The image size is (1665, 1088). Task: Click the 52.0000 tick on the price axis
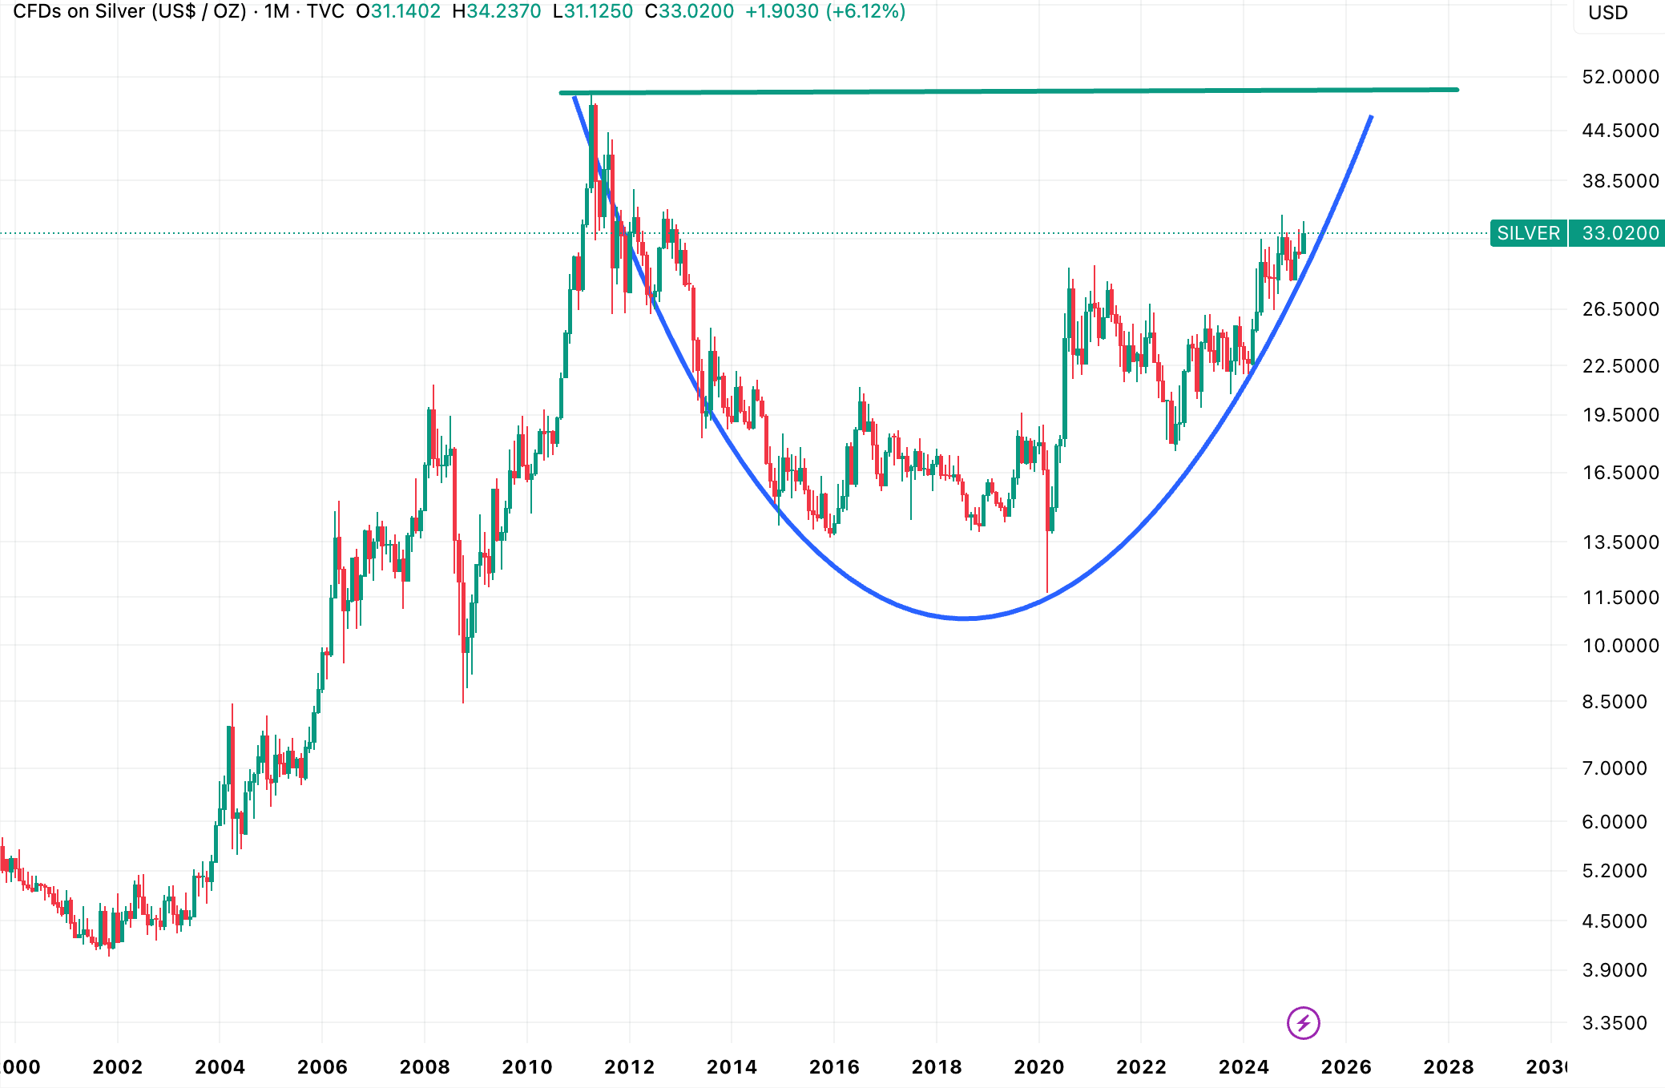point(1620,77)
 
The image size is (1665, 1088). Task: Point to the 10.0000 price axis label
point(1620,646)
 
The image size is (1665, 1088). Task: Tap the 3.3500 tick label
point(1615,1023)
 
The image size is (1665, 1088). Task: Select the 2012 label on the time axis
point(629,1067)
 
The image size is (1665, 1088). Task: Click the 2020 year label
point(1038,1067)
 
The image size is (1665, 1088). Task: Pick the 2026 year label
point(1345,1067)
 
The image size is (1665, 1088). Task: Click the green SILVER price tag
point(1528,233)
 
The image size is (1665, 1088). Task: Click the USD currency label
point(1607,13)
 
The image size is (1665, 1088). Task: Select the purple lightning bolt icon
point(1303,1023)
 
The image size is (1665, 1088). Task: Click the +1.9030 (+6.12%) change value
point(825,12)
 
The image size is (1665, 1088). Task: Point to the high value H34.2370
point(497,12)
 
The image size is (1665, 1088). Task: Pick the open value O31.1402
point(398,12)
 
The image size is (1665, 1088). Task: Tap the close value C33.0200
point(689,12)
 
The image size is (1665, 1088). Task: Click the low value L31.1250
point(593,12)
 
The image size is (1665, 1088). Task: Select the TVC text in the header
point(325,12)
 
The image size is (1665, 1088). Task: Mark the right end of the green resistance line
point(1457,90)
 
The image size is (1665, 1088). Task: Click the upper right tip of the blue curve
point(1371,117)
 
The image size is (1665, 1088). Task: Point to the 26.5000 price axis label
point(1620,309)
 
